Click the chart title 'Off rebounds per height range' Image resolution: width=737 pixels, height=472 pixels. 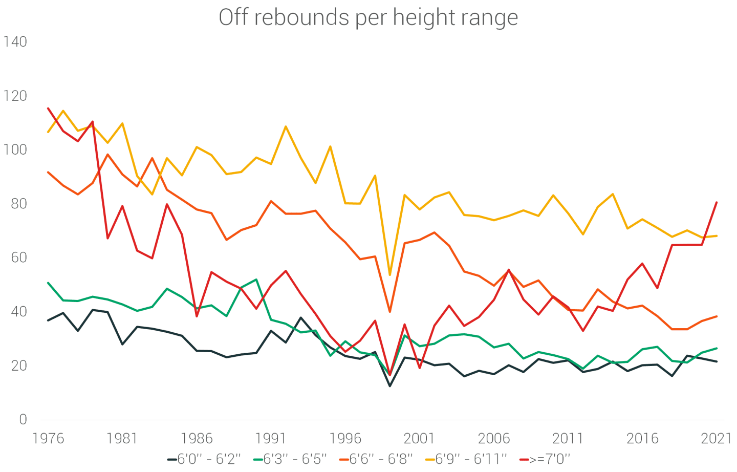coord(368,17)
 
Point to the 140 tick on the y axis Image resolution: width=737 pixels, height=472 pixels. coord(15,41)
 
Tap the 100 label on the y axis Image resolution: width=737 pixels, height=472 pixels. coord(15,149)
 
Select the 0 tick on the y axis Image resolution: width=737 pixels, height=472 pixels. coord(23,419)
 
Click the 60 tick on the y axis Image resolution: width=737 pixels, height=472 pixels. coord(18,258)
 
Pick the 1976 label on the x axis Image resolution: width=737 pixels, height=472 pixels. coord(48,438)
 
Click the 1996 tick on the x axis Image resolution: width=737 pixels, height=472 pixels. coord(345,438)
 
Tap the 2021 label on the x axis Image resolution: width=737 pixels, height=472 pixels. coord(716,438)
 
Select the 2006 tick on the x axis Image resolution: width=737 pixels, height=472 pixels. coord(493,438)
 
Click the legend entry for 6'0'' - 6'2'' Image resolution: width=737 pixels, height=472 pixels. coord(204,459)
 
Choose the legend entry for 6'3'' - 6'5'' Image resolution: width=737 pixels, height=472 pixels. coord(290,459)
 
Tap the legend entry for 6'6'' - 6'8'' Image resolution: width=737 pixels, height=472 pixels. coord(376,459)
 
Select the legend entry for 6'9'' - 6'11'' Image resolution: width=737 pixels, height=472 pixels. coord(464,459)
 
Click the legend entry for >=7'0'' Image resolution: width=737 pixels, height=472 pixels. coord(545,459)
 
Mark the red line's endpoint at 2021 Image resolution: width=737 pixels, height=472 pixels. coord(717,202)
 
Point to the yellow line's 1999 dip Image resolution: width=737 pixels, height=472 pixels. coord(390,275)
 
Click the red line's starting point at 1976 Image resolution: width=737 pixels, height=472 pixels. coord(48,108)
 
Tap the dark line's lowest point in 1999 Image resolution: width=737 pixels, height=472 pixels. coord(390,385)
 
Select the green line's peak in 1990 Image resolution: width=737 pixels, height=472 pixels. coord(256,280)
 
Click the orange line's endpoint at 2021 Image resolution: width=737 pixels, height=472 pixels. coord(717,316)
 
